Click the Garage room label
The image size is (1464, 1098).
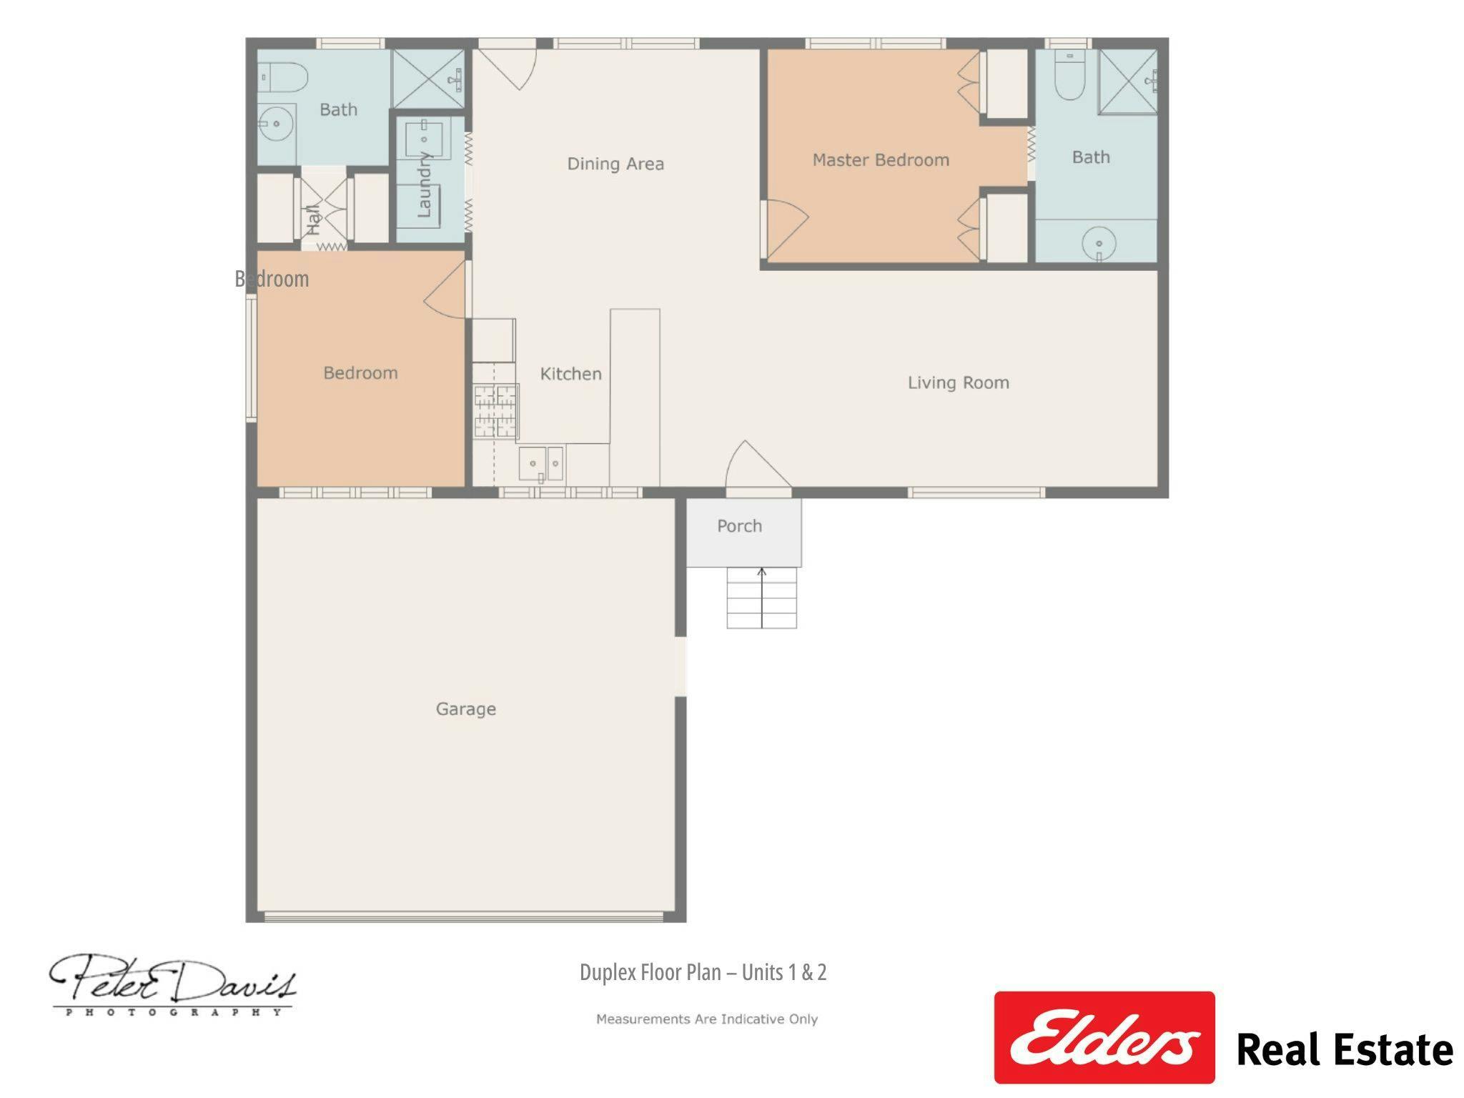(x=465, y=708)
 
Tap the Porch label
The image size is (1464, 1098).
(x=739, y=526)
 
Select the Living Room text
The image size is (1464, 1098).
(x=958, y=383)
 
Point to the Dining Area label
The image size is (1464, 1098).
(x=615, y=164)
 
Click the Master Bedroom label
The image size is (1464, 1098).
(x=881, y=160)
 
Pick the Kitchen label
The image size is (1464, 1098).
(x=570, y=374)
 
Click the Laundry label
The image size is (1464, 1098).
(x=424, y=184)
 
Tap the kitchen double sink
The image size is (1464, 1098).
(x=541, y=464)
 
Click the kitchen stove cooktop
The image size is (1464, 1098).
(x=496, y=411)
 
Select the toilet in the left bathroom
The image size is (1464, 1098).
(x=283, y=78)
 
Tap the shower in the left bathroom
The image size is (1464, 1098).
(x=428, y=79)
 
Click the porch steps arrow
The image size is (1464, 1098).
(x=762, y=598)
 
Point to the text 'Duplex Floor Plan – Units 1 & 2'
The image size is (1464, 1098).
(x=703, y=972)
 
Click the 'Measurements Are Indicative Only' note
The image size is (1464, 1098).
(x=707, y=1019)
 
